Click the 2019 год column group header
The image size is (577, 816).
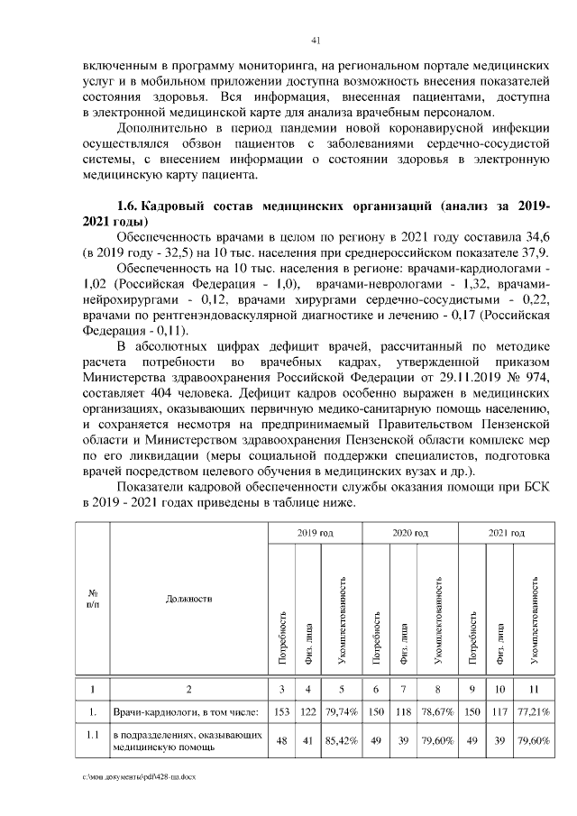pos(315,534)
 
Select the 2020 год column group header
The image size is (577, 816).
pos(410,534)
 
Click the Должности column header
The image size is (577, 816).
pos(188,598)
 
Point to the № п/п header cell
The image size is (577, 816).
pos(92,598)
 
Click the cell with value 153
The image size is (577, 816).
pos(281,713)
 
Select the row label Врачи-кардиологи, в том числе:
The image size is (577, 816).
pos(186,713)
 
